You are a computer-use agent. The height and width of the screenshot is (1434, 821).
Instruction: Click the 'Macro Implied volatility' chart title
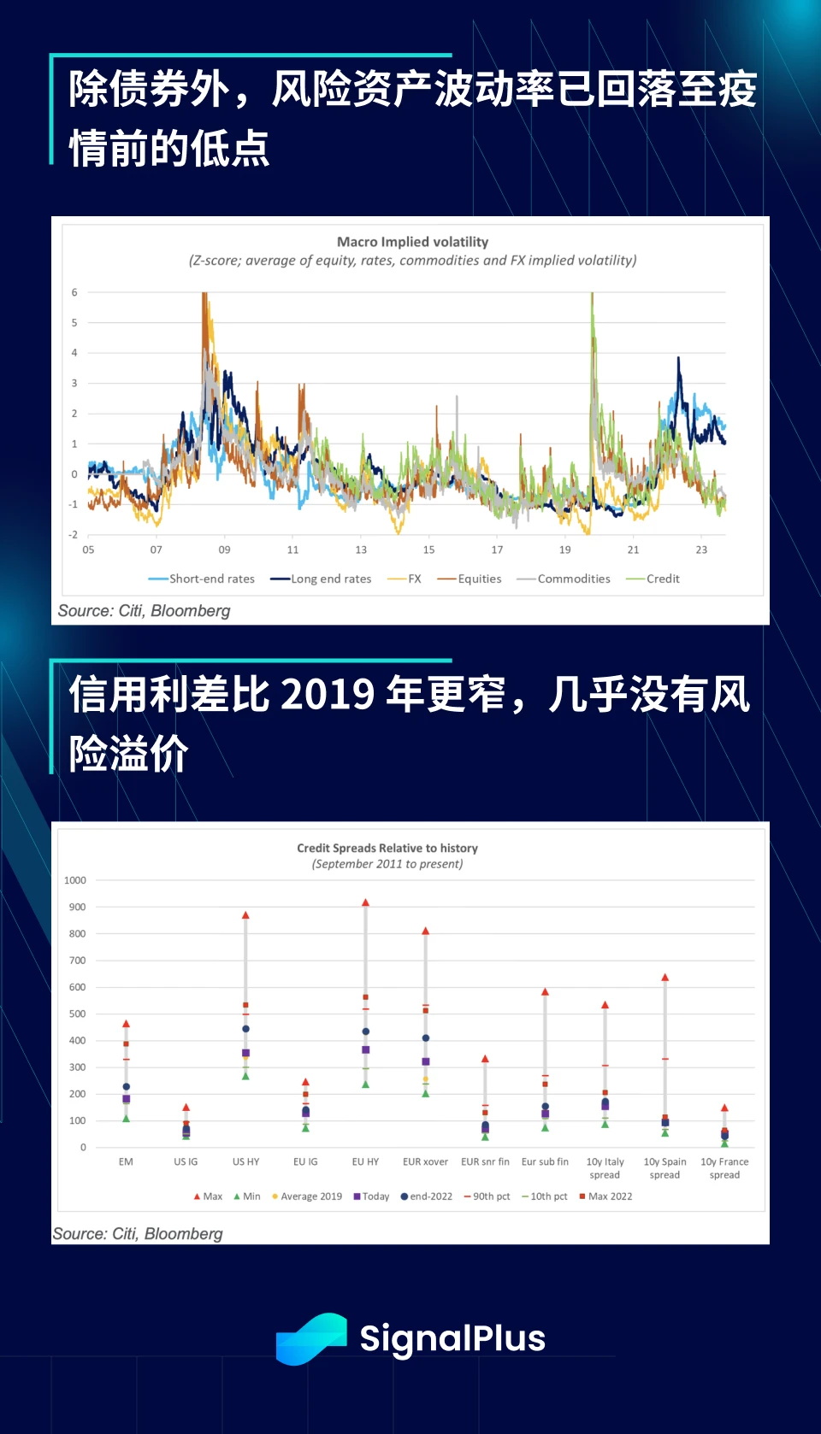[x=412, y=242]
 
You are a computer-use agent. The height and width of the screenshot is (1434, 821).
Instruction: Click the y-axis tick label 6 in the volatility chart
[x=74, y=292]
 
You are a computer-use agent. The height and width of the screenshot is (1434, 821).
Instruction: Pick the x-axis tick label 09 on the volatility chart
[x=224, y=550]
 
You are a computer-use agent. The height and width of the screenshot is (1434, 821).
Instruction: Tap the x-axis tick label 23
[x=701, y=550]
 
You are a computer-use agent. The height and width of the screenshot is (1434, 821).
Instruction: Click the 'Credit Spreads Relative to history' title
[x=387, y=848]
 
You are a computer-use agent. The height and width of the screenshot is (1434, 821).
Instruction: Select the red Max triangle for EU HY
[x=365, y=902]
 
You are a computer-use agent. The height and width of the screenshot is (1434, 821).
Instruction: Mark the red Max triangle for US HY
[x=245, y=915]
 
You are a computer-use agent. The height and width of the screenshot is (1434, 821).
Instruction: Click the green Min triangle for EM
[x=126, y=1119]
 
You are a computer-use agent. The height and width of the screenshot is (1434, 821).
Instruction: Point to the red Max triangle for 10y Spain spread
[x=664, y=978]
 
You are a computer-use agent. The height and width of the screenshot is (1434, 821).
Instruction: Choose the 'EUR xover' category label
[x=425, y=1161]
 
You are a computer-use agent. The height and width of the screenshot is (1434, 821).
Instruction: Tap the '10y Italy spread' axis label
[x=605, y=1168]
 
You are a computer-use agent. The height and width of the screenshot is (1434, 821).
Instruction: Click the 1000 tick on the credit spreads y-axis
[x=75, y=880]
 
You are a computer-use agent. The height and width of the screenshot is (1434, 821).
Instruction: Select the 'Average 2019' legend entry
[x=310, y=1196]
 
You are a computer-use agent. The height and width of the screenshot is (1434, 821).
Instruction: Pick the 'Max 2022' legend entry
[x=610, y=1196]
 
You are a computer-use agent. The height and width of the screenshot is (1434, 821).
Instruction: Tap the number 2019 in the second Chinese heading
[x=328, y=694]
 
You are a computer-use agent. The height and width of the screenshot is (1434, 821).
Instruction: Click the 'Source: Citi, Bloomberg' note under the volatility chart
[x=145, y=611]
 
